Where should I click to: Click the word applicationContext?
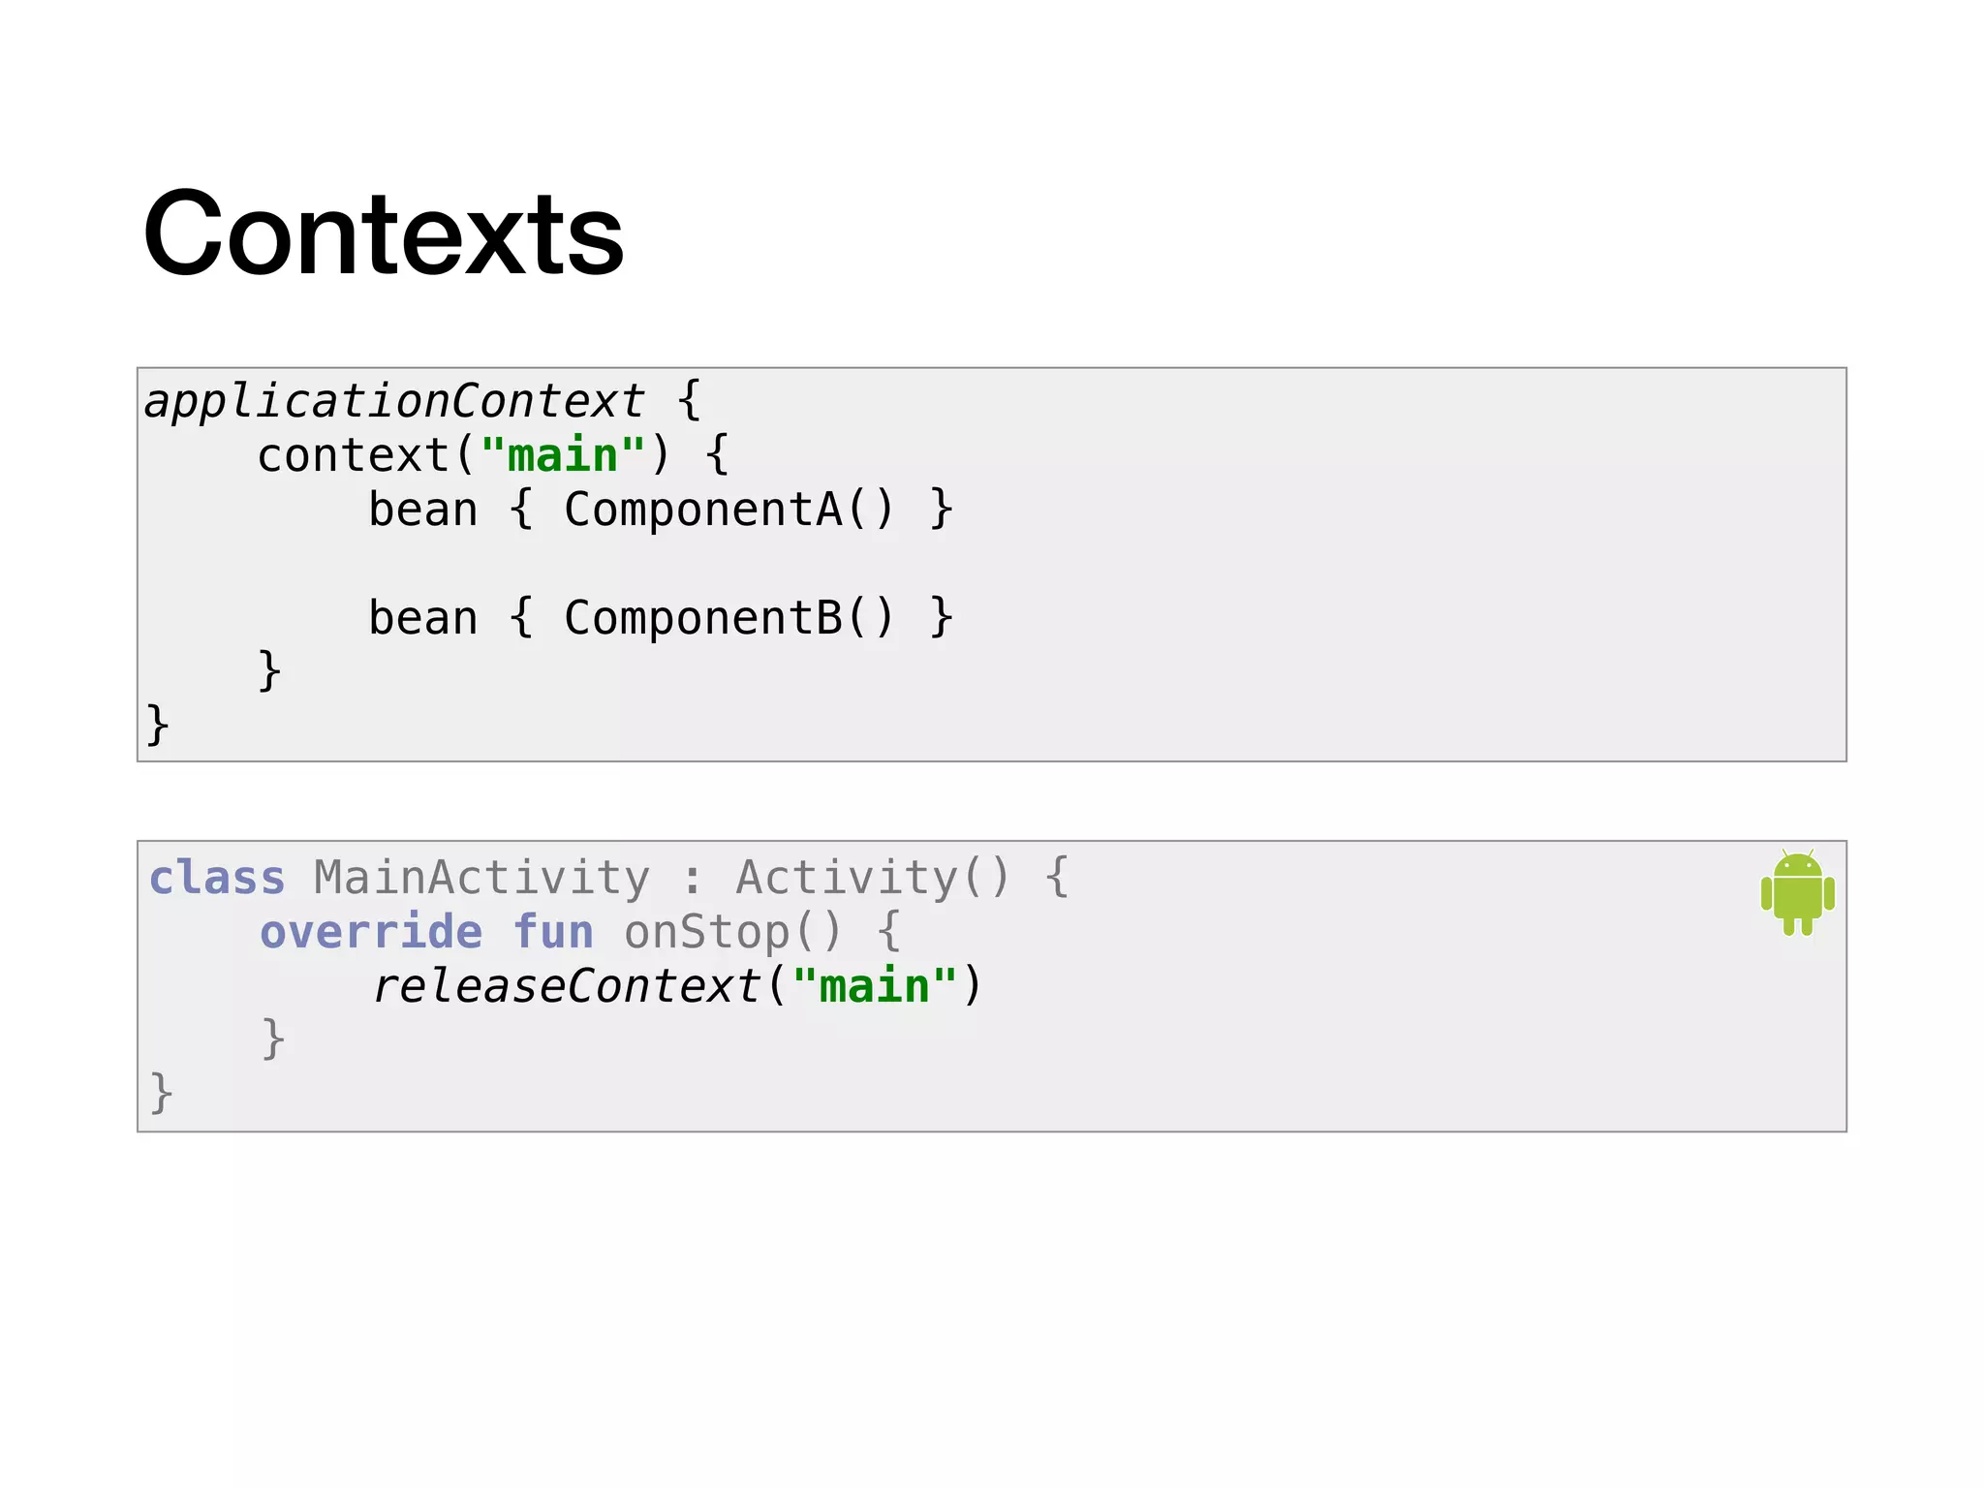click(393, 401)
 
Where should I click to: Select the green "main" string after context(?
click(563, 455)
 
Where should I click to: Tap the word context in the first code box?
click(354, 455)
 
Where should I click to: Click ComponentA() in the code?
click(728, 510)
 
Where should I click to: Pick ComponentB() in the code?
click(728, 618)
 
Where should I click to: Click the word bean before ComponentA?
click(423, 510)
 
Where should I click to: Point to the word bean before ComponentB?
click(423, 618)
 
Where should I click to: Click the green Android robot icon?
click(1797, 892)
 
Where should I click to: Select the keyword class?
click(217, 878)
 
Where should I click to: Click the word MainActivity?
click(481, 878)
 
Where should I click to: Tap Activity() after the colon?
click(873, 878)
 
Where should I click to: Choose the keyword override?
click(371, 932)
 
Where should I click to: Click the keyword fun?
click(553, 932)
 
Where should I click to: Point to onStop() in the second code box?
click(733, 932)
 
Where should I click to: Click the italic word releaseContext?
click(567, 986)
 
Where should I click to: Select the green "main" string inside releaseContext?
click(875, 986)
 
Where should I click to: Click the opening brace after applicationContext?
click(689, 400)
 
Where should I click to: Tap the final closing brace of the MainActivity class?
click(161, 1093)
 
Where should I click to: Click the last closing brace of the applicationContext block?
click(157, 725)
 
